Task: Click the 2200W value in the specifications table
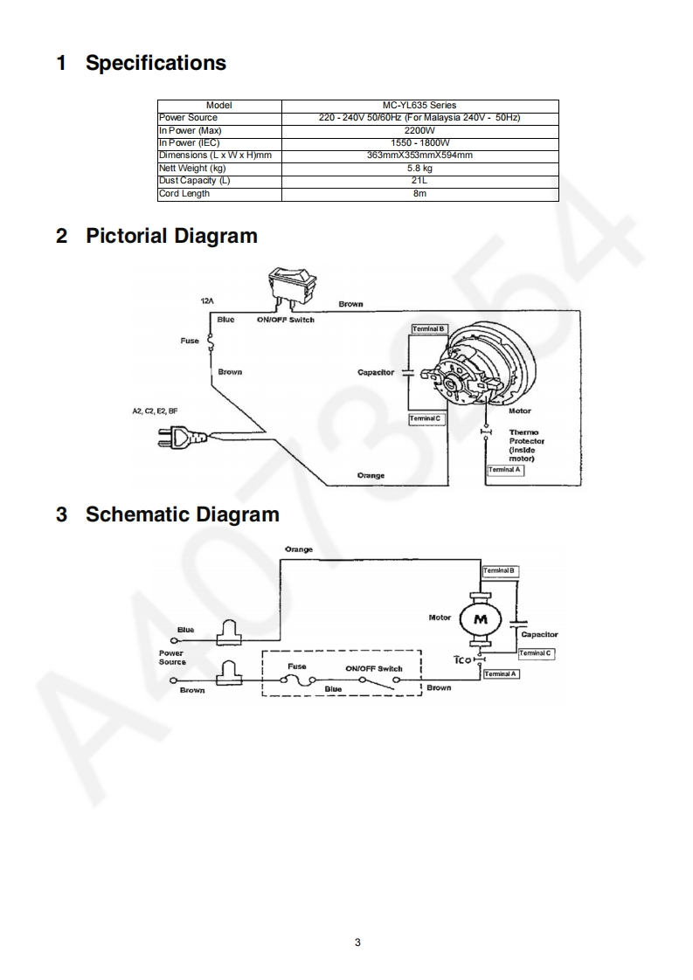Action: tap(419, 130)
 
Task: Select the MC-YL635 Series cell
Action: tap(419, 106)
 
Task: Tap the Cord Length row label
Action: tap(184, 194)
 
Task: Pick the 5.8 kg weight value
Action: tap(419, 169)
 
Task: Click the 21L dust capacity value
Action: tap(419, 181)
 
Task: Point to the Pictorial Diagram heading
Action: tap(171, 236)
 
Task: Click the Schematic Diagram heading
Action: tap(182, 514)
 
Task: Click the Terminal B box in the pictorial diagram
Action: tap(430, 328)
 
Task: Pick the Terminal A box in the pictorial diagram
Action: tap(505, 470)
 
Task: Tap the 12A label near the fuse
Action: tap(207, 300)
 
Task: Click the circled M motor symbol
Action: tap(479, 618)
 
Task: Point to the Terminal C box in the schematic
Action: tap(535, 653)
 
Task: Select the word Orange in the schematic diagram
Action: tap(299, 549)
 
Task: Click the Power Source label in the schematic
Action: tap(172, 658)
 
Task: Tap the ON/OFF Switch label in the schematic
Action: tap(374, 668)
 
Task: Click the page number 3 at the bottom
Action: tap(357, 942)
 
